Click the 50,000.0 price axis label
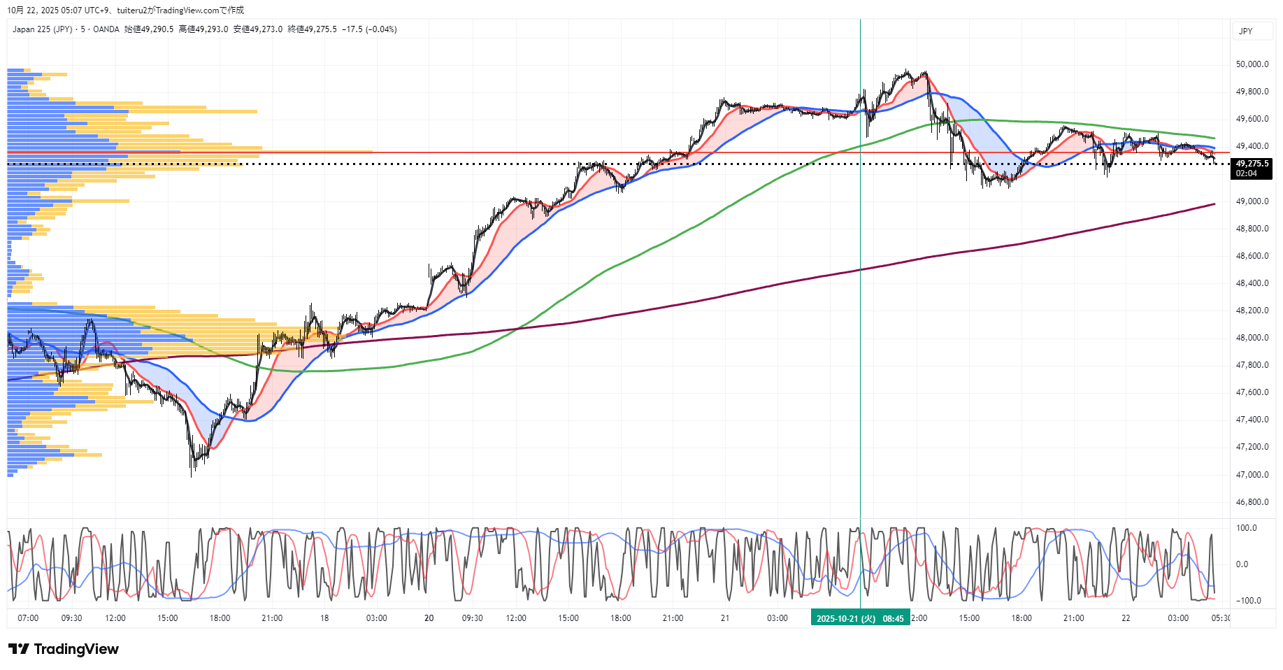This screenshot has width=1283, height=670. coord(1252,64)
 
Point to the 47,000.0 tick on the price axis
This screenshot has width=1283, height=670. coord(1252,475)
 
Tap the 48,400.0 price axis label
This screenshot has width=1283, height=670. coord(1252,283)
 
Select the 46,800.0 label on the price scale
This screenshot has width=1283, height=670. coord(1252,502)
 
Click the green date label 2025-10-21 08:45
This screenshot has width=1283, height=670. coord(860,618)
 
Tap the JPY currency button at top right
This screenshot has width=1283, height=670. coord(1246,31)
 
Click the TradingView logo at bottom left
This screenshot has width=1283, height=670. coord(64,649)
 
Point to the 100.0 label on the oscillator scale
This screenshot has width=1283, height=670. coord(1246,528)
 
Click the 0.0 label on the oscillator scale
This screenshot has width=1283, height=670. coord(1242,564)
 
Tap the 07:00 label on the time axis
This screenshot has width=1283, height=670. coord(28,618)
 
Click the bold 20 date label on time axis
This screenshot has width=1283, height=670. coord(429,618)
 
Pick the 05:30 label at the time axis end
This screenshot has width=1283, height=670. coord(1220,618)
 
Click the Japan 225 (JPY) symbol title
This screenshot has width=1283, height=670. coord(42,29)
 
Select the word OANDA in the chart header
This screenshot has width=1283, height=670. coord(106,29)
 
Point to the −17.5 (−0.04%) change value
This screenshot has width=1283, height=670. coord(369,29)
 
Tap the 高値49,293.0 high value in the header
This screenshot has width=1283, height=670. coord(203,29)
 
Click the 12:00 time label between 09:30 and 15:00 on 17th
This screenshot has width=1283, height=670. coord(115,618)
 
